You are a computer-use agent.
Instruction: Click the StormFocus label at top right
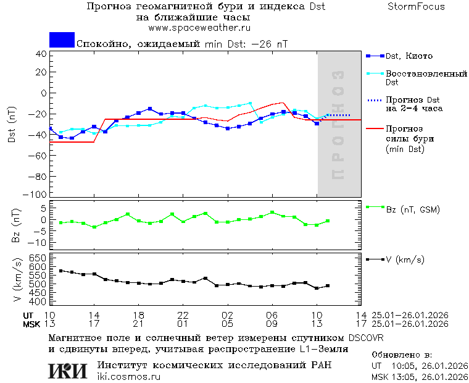(416, 7)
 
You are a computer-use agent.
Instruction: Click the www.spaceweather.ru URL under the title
(199, 28)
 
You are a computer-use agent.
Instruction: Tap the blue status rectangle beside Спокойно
(62, 40)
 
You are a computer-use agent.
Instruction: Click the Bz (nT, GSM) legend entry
(412, 209)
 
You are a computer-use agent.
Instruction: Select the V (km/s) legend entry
(405, 259)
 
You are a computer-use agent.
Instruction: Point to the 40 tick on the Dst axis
(41, 54)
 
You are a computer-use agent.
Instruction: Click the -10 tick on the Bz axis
(39, 242)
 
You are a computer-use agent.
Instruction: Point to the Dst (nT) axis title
(12, 125)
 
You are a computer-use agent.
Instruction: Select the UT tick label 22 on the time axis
(183, 314)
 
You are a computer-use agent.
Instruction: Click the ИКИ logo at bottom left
(68, 371)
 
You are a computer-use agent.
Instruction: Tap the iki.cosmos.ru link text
(129, 377)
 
